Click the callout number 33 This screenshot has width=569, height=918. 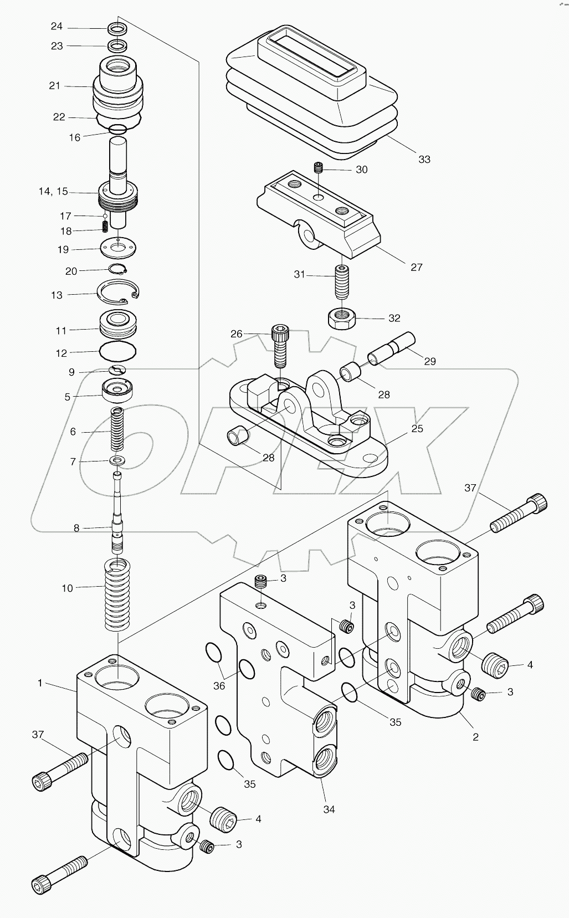click(x=424, y=160)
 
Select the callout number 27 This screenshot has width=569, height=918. click(x=417, y=267)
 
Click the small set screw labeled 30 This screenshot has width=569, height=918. click(x=319, y=168)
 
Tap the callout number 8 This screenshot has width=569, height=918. click(x=77, y=528)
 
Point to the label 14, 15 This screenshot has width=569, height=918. click(x=53, y=192)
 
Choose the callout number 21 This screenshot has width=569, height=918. click(x=54, y=86)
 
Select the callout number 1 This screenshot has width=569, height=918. click(x=40, y=683)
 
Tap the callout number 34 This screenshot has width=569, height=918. click(x=329, y=809)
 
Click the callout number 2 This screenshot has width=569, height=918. click(x=475, y=737)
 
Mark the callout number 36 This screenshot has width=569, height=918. click(x=219, y=685)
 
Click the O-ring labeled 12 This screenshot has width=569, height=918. click(x=117, y=351)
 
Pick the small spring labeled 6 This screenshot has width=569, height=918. click(x=117, y=430)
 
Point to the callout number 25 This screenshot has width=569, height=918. click(x=417, y=429)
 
